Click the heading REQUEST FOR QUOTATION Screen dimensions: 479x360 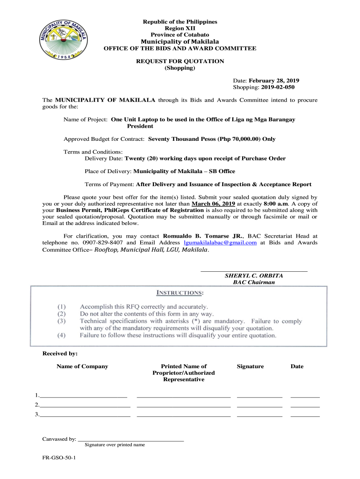(180, 61)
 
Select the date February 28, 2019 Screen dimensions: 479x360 (274, 80)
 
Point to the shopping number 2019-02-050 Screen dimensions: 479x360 (279, 87)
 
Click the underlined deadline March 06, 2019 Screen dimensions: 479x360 (213, 204)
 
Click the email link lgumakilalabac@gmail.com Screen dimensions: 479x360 (221, 242)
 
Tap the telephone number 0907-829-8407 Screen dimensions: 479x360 (103, 242)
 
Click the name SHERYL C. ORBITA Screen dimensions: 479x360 (254, 276)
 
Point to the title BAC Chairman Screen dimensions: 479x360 (254, 283)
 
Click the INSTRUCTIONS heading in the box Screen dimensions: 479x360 (179, 293)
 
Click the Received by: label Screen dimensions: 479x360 (60, 354)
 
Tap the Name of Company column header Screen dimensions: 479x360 (82, 366)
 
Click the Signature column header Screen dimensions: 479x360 (250, 366)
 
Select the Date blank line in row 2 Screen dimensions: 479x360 (305, 406)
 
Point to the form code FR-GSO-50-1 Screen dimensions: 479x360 (59, 459)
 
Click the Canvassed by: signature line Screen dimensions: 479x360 (131, 440)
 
